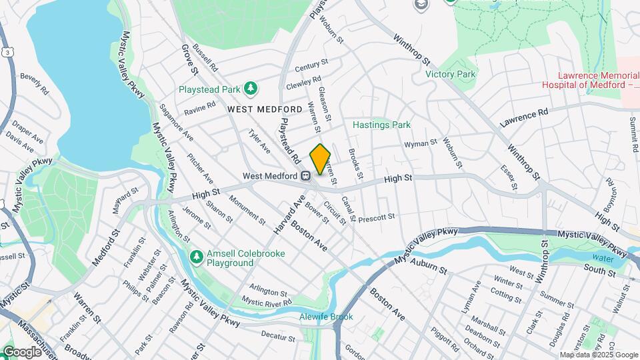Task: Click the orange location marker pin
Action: click(x=321, y=159)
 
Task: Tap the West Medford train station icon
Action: click(x=306, y=176)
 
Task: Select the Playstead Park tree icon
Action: click(x=251, y=89)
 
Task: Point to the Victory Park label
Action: click(x=451, y=74)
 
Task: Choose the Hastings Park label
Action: click(x=381, y=125)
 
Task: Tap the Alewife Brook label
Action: click(x=326, y=317)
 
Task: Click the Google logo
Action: click(x=22, y=351)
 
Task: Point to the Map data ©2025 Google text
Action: click(x=598, y=355)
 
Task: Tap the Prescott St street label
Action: click(x=377, y=218)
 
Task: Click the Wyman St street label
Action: click(x=420, y=143)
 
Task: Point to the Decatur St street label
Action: click(x=278, y=337)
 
